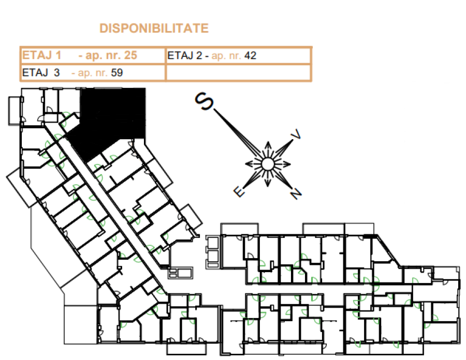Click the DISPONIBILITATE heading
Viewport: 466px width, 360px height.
pyautogui.click(x=154, y=28)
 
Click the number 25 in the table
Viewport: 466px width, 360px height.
pyautogui.click(x=130, y=55)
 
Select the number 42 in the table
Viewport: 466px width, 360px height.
pyautogui.click(x=250, y=55)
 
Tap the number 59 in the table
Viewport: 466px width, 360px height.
pyautogui.click(x=117, y=73)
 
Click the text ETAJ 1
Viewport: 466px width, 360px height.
pyautogui.click(x=41, y=55)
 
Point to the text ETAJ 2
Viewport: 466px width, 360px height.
pyautogui.click(x=184, y=55)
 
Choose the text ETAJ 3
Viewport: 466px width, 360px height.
pyautogui.click(x=41, y=73)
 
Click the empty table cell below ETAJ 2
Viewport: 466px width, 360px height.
pyautogui.click(x=238, y=72)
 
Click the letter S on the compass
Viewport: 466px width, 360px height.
pyautogui.click(x=204, y=101)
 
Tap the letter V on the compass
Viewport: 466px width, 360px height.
pyautogui.click(x=296, y=134)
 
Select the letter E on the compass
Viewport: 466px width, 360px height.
pyautogui.click(x=239, y=191)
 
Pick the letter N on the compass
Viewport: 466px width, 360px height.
pyautogui.click(x=296, y=193)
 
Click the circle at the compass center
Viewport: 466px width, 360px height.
pyautogui.click(x=268, y=164)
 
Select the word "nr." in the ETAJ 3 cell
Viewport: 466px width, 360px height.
pyautogui.click(x=101, y=73)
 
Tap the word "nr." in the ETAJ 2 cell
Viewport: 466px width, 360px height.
pyautogui.click(x=234, y=56)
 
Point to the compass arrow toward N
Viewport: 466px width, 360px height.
pyautogui.click(x=283, y=179)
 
